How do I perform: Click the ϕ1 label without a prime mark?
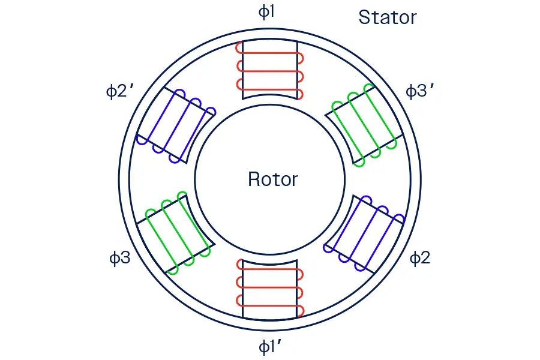pyautogui.click(x=266, y=13)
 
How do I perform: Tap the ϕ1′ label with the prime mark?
pyautogui.click(x=269, y=346)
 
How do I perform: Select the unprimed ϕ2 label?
pyautogui.click(x=420, y=259)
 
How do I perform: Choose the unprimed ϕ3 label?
pyautogui.click(x=119, y=259)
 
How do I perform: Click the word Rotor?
pyautogui.click(x=272, y=179)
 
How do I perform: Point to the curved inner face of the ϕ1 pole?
pyautogui.click(x=270, y=95)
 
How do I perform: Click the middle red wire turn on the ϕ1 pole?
pyautogui.click(x=270, y=71)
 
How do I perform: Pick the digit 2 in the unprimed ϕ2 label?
pyautogui.click(x=425, y=259)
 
